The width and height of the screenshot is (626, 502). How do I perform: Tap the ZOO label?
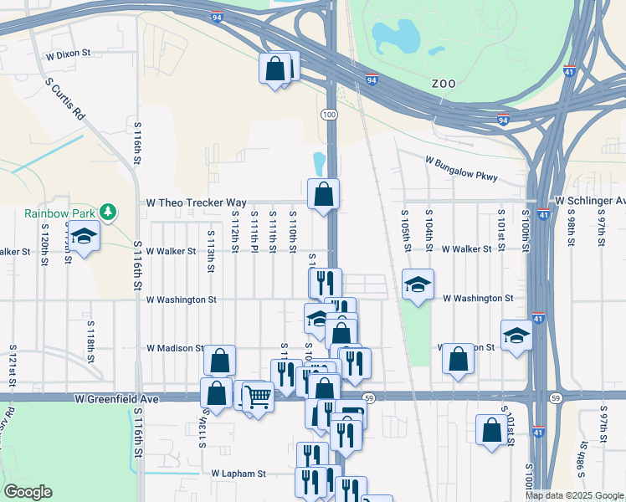tap(444, 84)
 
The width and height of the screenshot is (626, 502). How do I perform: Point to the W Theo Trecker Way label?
tap(197, 202)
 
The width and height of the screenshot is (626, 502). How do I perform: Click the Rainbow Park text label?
tap(59, 213)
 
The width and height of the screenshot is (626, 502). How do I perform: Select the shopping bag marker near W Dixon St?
tap(275, 69)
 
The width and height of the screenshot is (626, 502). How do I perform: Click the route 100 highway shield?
tap(330, 113)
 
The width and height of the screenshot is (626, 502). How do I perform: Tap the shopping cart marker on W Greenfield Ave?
tap(259, 396)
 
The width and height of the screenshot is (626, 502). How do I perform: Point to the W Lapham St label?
tap(238, 474)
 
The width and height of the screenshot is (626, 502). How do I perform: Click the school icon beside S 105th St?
tap(418, 285)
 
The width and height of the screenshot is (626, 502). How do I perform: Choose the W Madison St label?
tap(175, 348)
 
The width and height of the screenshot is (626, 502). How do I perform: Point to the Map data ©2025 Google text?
tap(575, 495)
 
